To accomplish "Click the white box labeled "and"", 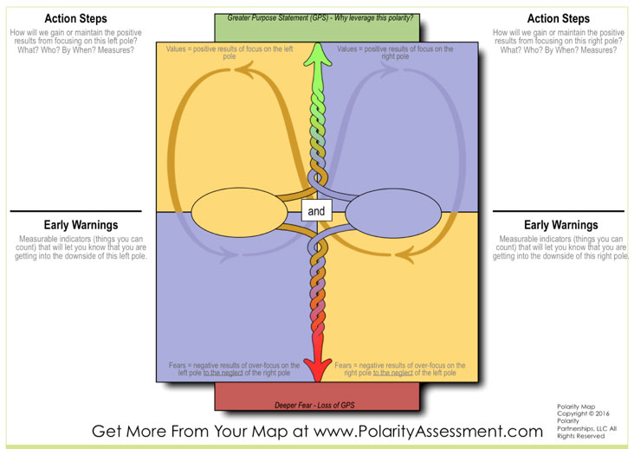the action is tap(317, 210).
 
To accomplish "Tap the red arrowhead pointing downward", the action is tap(318, 367).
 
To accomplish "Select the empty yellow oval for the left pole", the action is tap(239, 212).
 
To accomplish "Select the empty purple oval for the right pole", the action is tap(393, 213).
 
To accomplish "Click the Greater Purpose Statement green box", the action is tap(317, 28).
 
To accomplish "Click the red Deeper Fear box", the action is tap(317, 396).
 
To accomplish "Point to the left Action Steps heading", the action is tap(75, 18).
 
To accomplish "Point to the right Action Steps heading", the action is tap(559, 18).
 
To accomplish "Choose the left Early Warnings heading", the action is tap(81, 225).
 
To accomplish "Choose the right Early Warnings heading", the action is tap(561, 225).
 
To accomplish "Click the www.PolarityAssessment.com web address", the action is tap(428, 432).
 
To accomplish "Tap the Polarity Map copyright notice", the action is tap(586, 421).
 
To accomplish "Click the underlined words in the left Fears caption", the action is tap(223, 373).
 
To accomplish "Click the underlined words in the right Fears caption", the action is tap(392, 373).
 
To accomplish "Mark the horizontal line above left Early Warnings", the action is tap(75, 211).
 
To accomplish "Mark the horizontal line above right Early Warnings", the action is tap(559, 211).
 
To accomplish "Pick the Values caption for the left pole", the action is tap(230, 53).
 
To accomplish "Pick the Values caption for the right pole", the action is tap(395, 53).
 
